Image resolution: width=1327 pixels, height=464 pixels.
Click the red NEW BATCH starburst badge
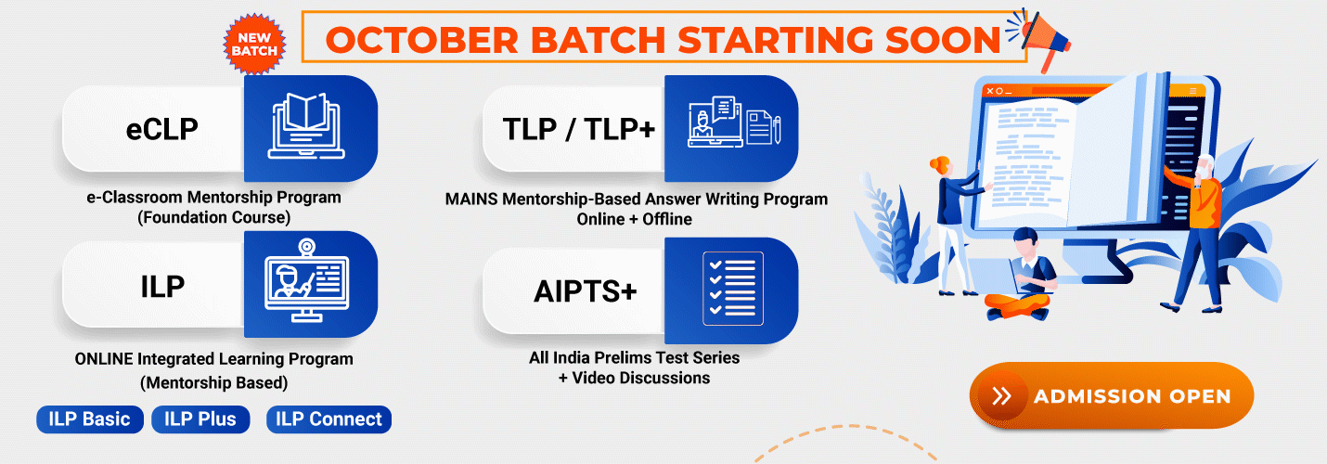click(x=255, y=45)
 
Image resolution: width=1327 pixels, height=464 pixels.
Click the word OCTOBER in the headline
click(x=422, y=40)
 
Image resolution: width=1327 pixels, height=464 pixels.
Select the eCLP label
click(x=161, y=129)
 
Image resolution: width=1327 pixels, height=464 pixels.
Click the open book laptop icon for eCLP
click(x=306, y=125)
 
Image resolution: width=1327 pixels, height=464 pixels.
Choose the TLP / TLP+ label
click(x=579, y=129)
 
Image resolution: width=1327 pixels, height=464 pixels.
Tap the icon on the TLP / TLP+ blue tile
click(x=734, y=122)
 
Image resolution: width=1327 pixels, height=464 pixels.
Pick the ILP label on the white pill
click(x=162, y=287)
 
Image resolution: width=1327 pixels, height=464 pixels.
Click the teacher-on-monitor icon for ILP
click(x=306, y=280)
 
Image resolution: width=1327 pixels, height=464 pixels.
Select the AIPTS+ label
click(x=586, y=291)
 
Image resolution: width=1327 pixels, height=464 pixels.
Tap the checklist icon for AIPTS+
click(x=733, y=289)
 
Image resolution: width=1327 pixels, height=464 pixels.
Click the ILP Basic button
click(x=89, y=419)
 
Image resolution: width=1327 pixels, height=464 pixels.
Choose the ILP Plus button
click(x=200, y=419)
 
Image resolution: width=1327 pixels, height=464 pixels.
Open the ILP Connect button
click(x=329, y=419)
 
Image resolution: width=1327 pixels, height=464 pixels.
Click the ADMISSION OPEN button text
click(x=1133, y=396)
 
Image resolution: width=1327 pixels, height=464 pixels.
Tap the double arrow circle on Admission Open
click(x=1002, y=396)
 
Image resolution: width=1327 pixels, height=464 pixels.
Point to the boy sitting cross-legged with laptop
click(x=1020, y=275)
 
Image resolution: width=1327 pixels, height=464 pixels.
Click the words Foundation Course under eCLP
click(x=213, y=217)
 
